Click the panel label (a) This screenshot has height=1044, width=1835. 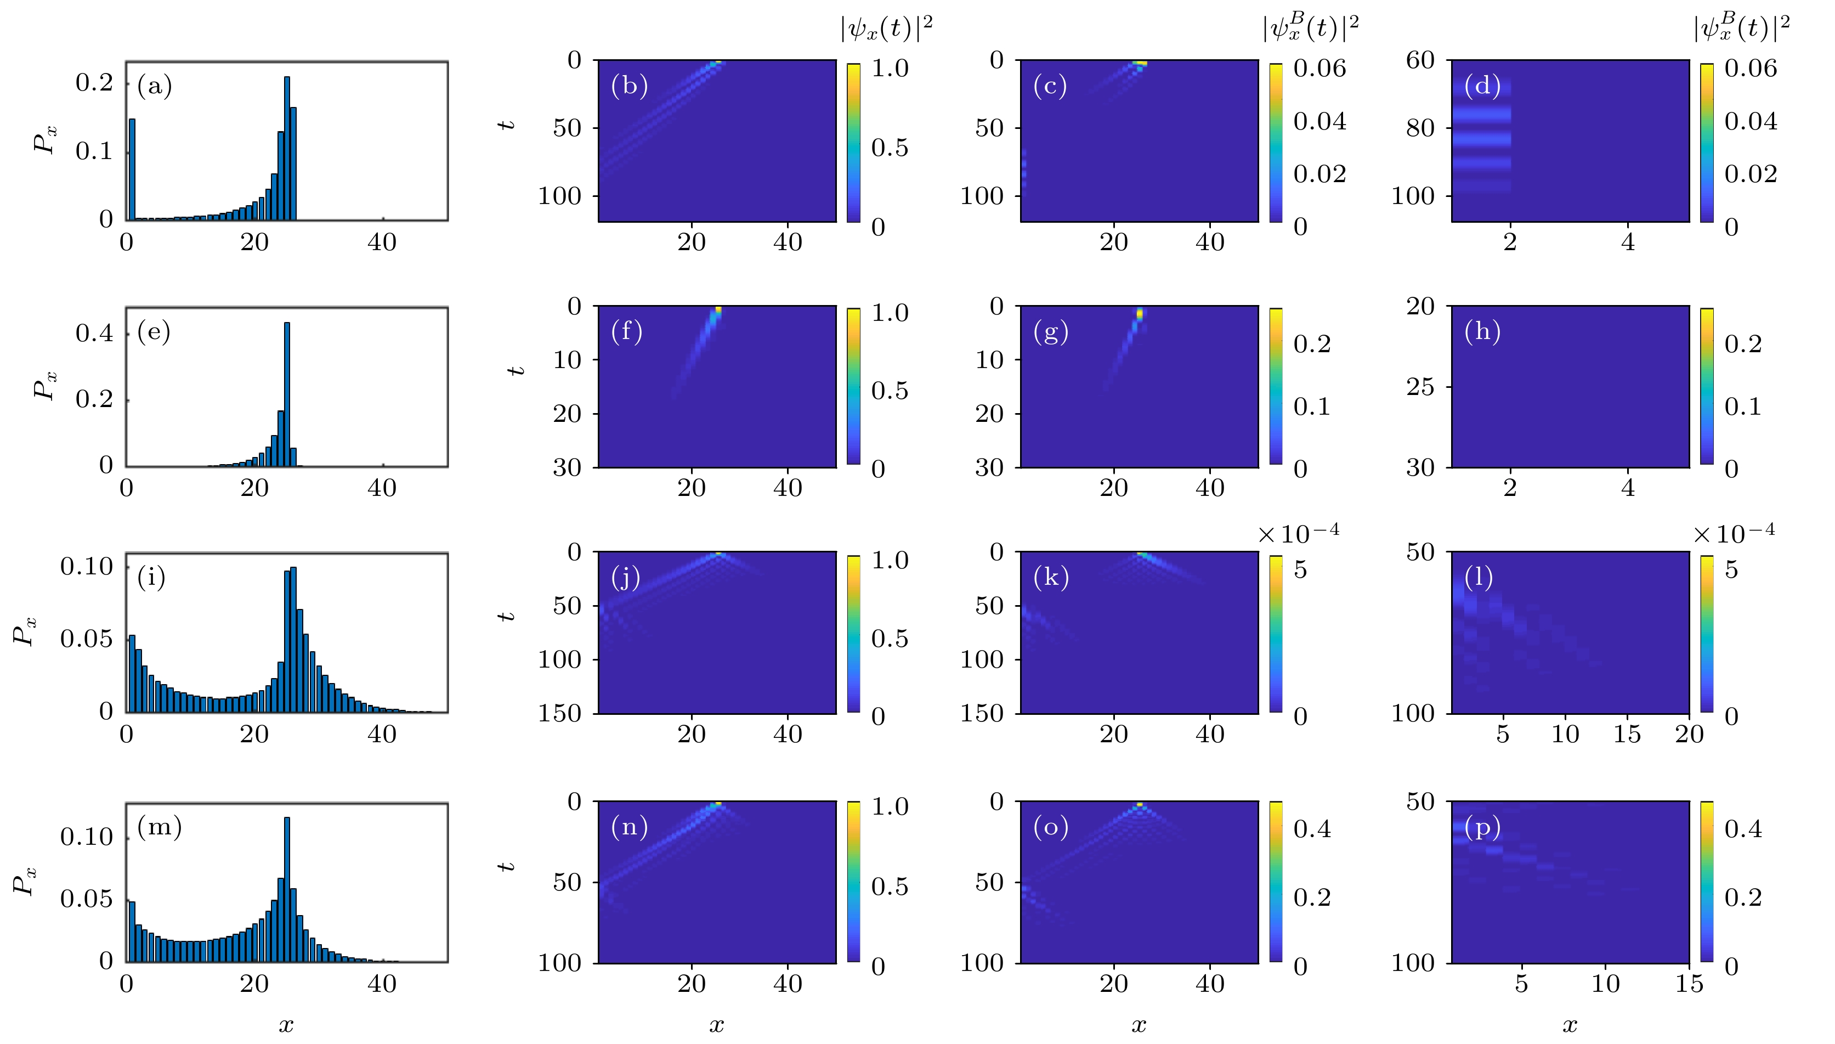click(154, 86)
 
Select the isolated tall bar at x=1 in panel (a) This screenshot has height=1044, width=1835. click(132, 169)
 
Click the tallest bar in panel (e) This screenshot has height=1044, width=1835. click(287, 394)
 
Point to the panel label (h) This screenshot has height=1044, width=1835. click(1482, 331)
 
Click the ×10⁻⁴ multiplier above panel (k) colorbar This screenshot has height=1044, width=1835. click(1298, 533)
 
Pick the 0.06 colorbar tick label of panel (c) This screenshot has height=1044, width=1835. click(1319, 68)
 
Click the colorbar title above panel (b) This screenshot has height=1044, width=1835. click(887, 29)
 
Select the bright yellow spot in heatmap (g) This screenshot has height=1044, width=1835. click(1140, 313)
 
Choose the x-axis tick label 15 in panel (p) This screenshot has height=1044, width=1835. click(1689, 983)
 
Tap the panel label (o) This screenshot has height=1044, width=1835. click(1050, 827)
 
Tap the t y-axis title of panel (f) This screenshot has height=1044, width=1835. click(516, 371)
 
